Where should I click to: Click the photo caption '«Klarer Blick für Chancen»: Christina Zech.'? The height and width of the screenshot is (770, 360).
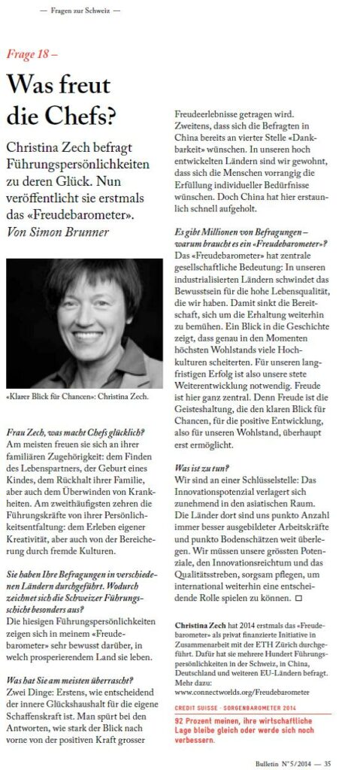point(75,396)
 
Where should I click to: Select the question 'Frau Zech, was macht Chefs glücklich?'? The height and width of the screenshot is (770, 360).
point(75,432)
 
